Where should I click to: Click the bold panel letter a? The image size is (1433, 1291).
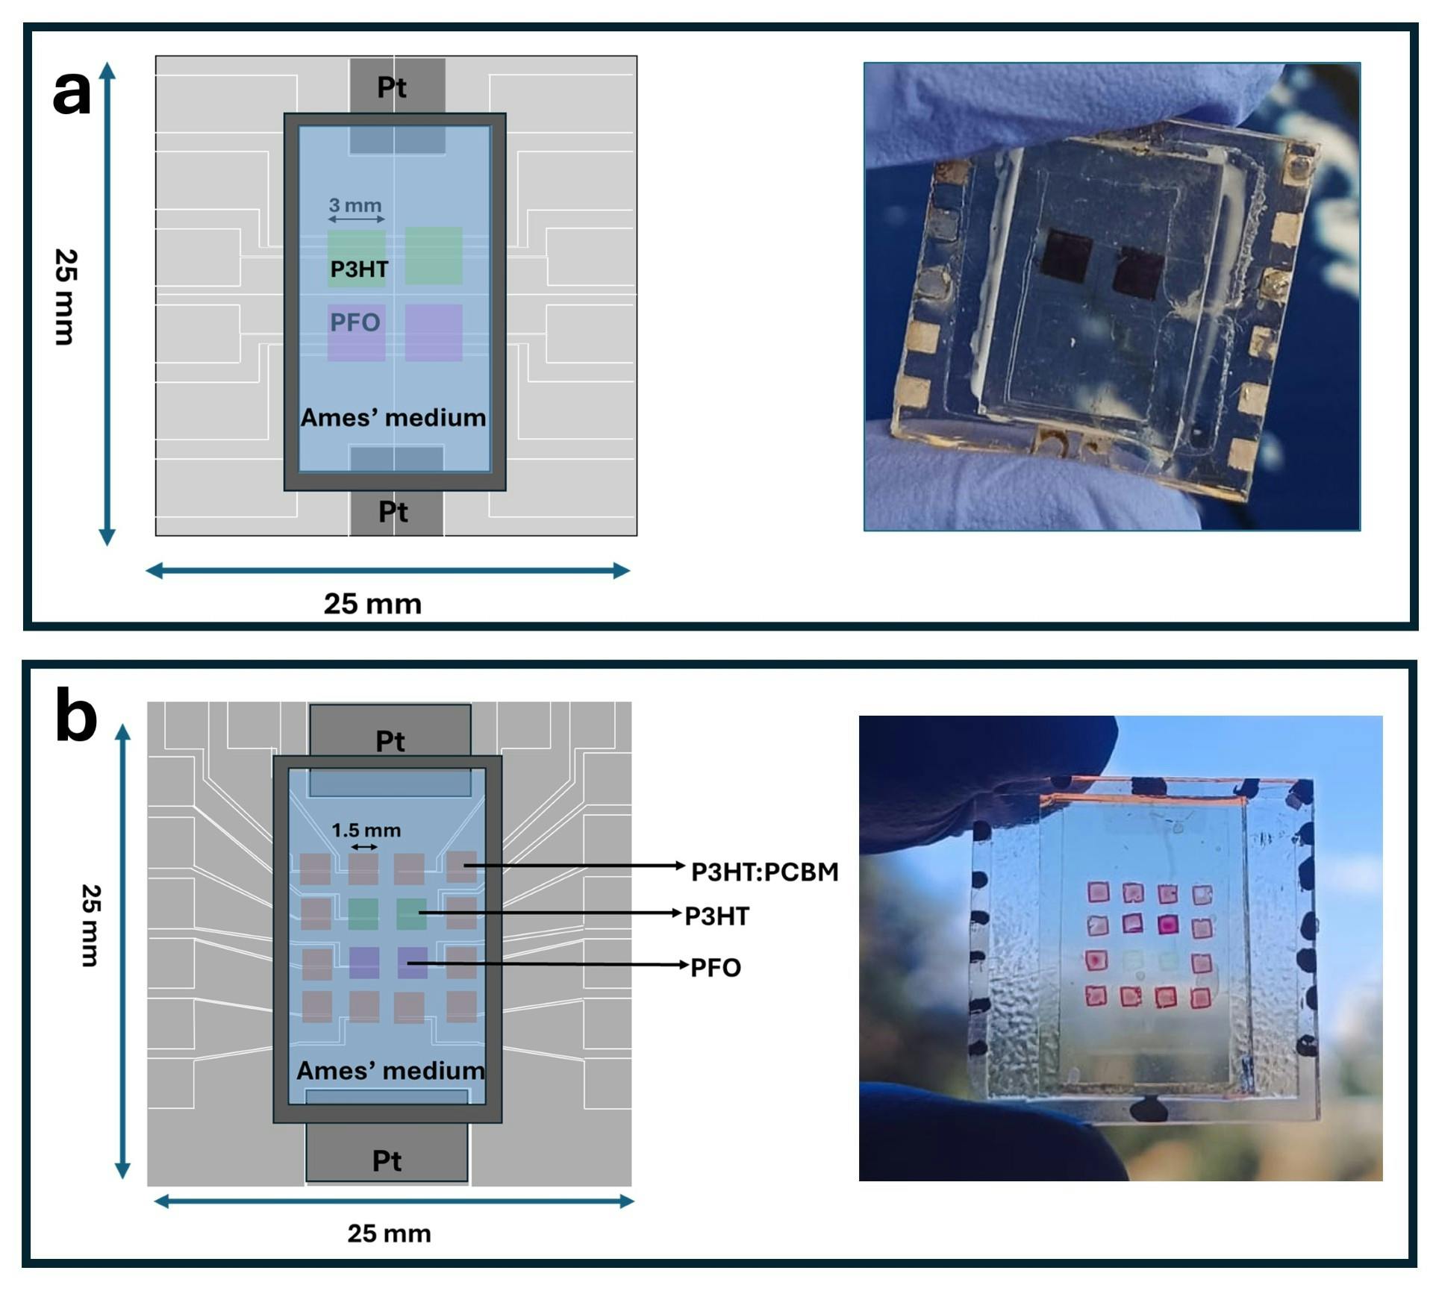pyautogui.click(x=72, y=93)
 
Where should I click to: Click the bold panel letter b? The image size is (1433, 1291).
pyautogui.click(x=76, y=718)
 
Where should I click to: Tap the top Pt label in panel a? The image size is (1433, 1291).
pyautogui.click(x=391, y=88)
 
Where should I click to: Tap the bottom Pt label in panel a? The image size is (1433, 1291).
pyautogui.click(x=393, y=512)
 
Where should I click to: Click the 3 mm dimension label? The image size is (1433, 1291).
pyautogui.click(x=355, y=205)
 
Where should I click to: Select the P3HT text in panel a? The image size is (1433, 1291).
pyautogui.click(x=359, y=269)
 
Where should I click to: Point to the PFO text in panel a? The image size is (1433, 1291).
pyautogui.click(x=355, y=322)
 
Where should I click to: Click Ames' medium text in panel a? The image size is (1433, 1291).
pyautogui.click(x=393, y=417)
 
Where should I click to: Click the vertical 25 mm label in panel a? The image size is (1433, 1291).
pyautogui.click(x=66, y=297)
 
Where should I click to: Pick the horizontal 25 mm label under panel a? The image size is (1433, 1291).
pyautogui.click(x=372, y=604)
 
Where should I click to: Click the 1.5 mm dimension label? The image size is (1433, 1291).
pyautogui.click(x=366, y=830)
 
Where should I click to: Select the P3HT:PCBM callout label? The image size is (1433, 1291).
pyautogui.click(x=764, y=872)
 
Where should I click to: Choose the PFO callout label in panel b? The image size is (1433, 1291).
pyautogui.click(x=715, y=968)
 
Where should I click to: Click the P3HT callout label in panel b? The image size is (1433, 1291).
pyautogui.click(x=716, y=916)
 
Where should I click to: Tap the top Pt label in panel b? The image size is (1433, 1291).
pyautogui.click(x=390, y=741)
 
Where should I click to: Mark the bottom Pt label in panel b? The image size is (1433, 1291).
pyautogui.click(x=387, y=1161)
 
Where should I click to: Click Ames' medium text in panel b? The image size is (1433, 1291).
pyautogui.click(x=390, y=1071)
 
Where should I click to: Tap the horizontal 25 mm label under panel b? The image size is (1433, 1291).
pyautogui.click(x=389, y=1234)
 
